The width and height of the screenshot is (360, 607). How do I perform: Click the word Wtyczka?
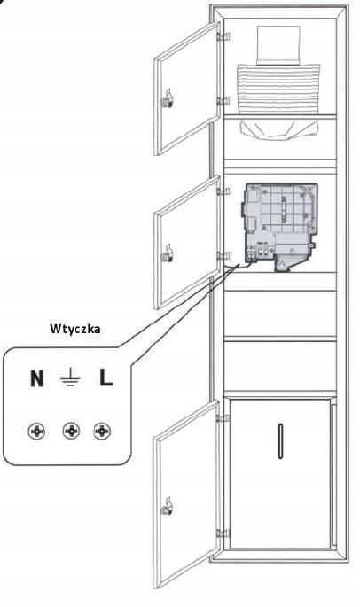click(x=75, y=329)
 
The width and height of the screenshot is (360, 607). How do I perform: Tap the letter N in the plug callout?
click(x=37, y=378)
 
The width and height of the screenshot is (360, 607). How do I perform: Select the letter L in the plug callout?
click(x=106, y=377)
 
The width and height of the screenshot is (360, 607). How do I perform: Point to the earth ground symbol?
click(x=70, y=377)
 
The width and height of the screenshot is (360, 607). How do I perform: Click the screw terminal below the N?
click(x=36, y=431)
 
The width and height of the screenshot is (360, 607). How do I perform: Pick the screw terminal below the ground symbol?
click(x=72, y=431)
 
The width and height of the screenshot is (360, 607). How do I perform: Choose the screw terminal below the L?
click(x=102, y=431)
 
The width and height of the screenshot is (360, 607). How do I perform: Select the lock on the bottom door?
click(x=167, y=507)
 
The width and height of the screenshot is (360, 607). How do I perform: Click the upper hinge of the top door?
click(x=223, y=37)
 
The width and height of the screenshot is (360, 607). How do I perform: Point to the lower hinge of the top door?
click(x=223, y=101)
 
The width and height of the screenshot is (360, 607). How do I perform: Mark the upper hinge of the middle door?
click(x=223, y=191)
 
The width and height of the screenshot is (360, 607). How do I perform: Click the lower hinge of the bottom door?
click(x=223, y=533)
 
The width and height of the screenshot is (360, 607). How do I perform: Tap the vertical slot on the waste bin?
click(x=280, y=441)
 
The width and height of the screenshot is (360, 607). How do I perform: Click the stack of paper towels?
click(x=278, y=89)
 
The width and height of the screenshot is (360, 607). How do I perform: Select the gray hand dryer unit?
click(x=281, y=227)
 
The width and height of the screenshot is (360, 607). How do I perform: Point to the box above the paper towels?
click(x=278, y=45)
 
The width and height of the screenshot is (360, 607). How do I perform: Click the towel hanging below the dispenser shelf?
click(x=279, y=129)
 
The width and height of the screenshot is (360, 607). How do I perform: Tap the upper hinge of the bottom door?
click(x=223, y=418)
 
